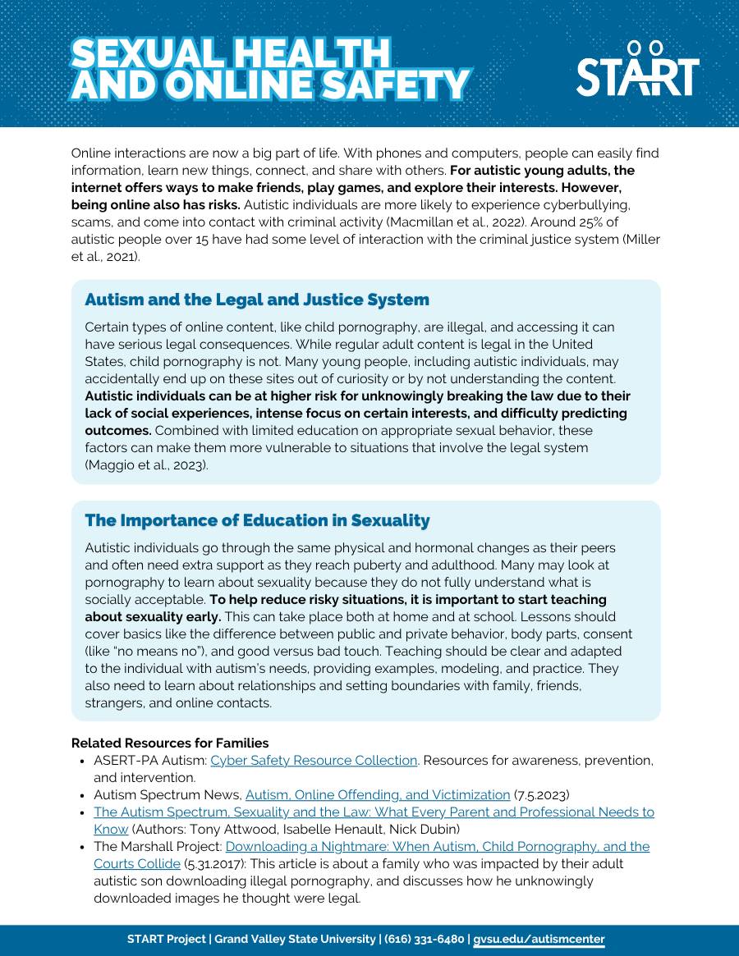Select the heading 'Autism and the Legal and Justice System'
[257, 300]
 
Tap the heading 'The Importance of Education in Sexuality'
[257, 520]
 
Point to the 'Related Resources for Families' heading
[170, 743]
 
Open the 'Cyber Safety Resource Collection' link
[314, 761]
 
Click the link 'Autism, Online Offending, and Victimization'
[378, 794]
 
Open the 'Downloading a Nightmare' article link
[437, 846]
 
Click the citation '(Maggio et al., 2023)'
[146, 464]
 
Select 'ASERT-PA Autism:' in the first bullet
[150, 761]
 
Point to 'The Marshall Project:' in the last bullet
[158, 846]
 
